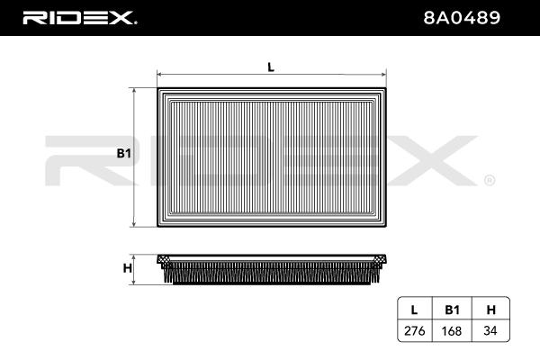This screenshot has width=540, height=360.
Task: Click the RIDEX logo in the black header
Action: point(79,18)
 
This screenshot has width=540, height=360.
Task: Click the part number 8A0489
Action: point(462,18)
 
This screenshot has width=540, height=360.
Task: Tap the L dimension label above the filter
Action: point(271,67)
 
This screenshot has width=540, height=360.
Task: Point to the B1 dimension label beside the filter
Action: point(124,153)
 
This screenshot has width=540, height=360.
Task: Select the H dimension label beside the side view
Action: point(128,268)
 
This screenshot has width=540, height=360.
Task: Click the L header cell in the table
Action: point(414,310)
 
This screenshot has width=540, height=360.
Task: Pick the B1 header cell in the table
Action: point(452,310)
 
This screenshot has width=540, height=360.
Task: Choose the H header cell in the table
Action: point(490,310)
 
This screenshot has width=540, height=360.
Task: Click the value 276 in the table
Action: point(414,330)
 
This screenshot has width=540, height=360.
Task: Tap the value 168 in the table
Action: point(452,330)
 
